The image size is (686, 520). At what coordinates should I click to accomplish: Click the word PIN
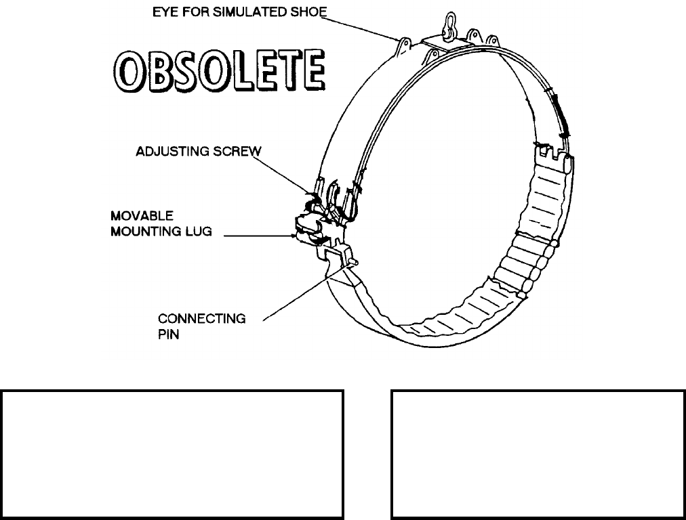[x=168, y=334]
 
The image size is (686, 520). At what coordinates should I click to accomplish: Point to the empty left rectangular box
[x=173, y=454]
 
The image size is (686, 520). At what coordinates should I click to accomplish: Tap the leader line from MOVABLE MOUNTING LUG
[x=258, y=236]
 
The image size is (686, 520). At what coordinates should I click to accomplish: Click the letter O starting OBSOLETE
[x=125, y=70]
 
